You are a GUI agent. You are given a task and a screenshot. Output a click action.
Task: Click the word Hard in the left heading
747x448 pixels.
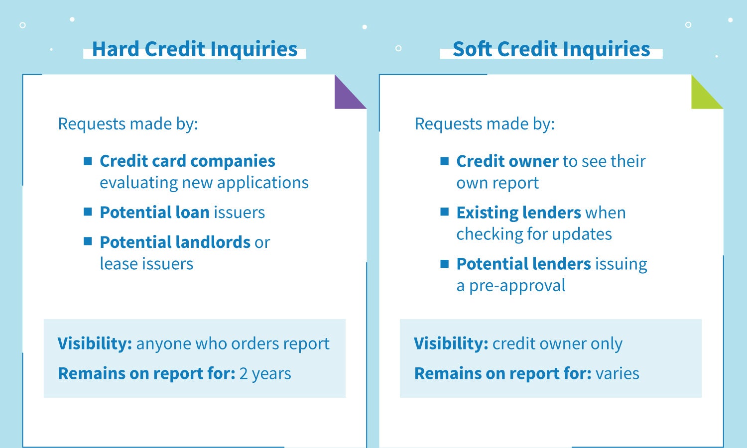116,49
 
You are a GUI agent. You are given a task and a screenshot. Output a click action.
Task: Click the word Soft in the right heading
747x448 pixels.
472,49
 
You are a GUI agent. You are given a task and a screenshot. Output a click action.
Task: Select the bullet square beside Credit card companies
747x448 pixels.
88,161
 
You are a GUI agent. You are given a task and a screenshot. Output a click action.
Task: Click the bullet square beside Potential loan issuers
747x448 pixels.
88,212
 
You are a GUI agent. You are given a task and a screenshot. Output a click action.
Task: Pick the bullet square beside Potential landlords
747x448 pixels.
88,241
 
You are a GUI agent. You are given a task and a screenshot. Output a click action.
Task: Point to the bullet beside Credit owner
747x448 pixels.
445,161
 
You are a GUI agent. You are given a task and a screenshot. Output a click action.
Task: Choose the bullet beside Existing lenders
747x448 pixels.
445,212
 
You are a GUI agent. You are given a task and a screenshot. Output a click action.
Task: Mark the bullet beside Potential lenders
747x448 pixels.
445,264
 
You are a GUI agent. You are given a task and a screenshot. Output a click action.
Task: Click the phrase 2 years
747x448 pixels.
265,374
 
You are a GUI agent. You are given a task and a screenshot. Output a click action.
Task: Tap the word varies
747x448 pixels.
618,373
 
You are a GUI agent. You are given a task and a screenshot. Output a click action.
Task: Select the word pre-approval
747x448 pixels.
517,286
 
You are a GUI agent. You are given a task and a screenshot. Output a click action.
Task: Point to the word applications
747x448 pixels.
263,183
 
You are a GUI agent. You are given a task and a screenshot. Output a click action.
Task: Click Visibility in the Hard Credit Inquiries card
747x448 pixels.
95,343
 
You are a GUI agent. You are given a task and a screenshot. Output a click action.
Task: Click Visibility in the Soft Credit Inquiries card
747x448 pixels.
451,343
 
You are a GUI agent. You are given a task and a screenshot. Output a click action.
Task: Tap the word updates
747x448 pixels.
582,234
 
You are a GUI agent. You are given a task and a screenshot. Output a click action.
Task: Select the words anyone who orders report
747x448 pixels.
233,343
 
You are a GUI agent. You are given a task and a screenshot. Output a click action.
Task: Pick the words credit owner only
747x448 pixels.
558,343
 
